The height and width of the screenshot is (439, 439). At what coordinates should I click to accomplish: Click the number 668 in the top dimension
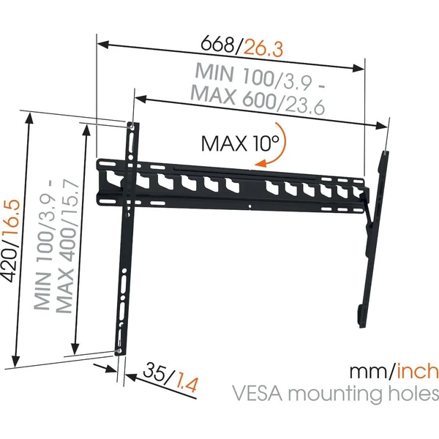[x=217, y=43]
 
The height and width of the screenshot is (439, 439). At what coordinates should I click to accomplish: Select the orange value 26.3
[x=263, y=49]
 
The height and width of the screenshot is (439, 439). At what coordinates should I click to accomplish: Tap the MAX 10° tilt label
[x=240, y=143]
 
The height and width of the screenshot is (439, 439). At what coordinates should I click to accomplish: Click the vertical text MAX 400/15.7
[x=67, y=247]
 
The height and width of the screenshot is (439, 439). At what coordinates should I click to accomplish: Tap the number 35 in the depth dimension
[x=154, y=372]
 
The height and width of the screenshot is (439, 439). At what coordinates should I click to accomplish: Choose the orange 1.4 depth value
[x=187, y=384]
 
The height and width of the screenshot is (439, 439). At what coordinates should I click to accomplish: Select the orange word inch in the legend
[x=416, y=370]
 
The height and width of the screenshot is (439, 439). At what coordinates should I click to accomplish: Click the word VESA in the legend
[x=258, y=394]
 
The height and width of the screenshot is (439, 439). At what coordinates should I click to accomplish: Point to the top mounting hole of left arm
[x=132, y=127]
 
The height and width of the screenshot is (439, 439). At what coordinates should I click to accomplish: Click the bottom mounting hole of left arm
[x=119, y=350]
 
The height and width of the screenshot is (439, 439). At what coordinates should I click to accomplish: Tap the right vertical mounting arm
[x=374, y=238]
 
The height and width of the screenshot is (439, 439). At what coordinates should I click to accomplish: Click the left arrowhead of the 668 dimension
[x=102, y=44]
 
